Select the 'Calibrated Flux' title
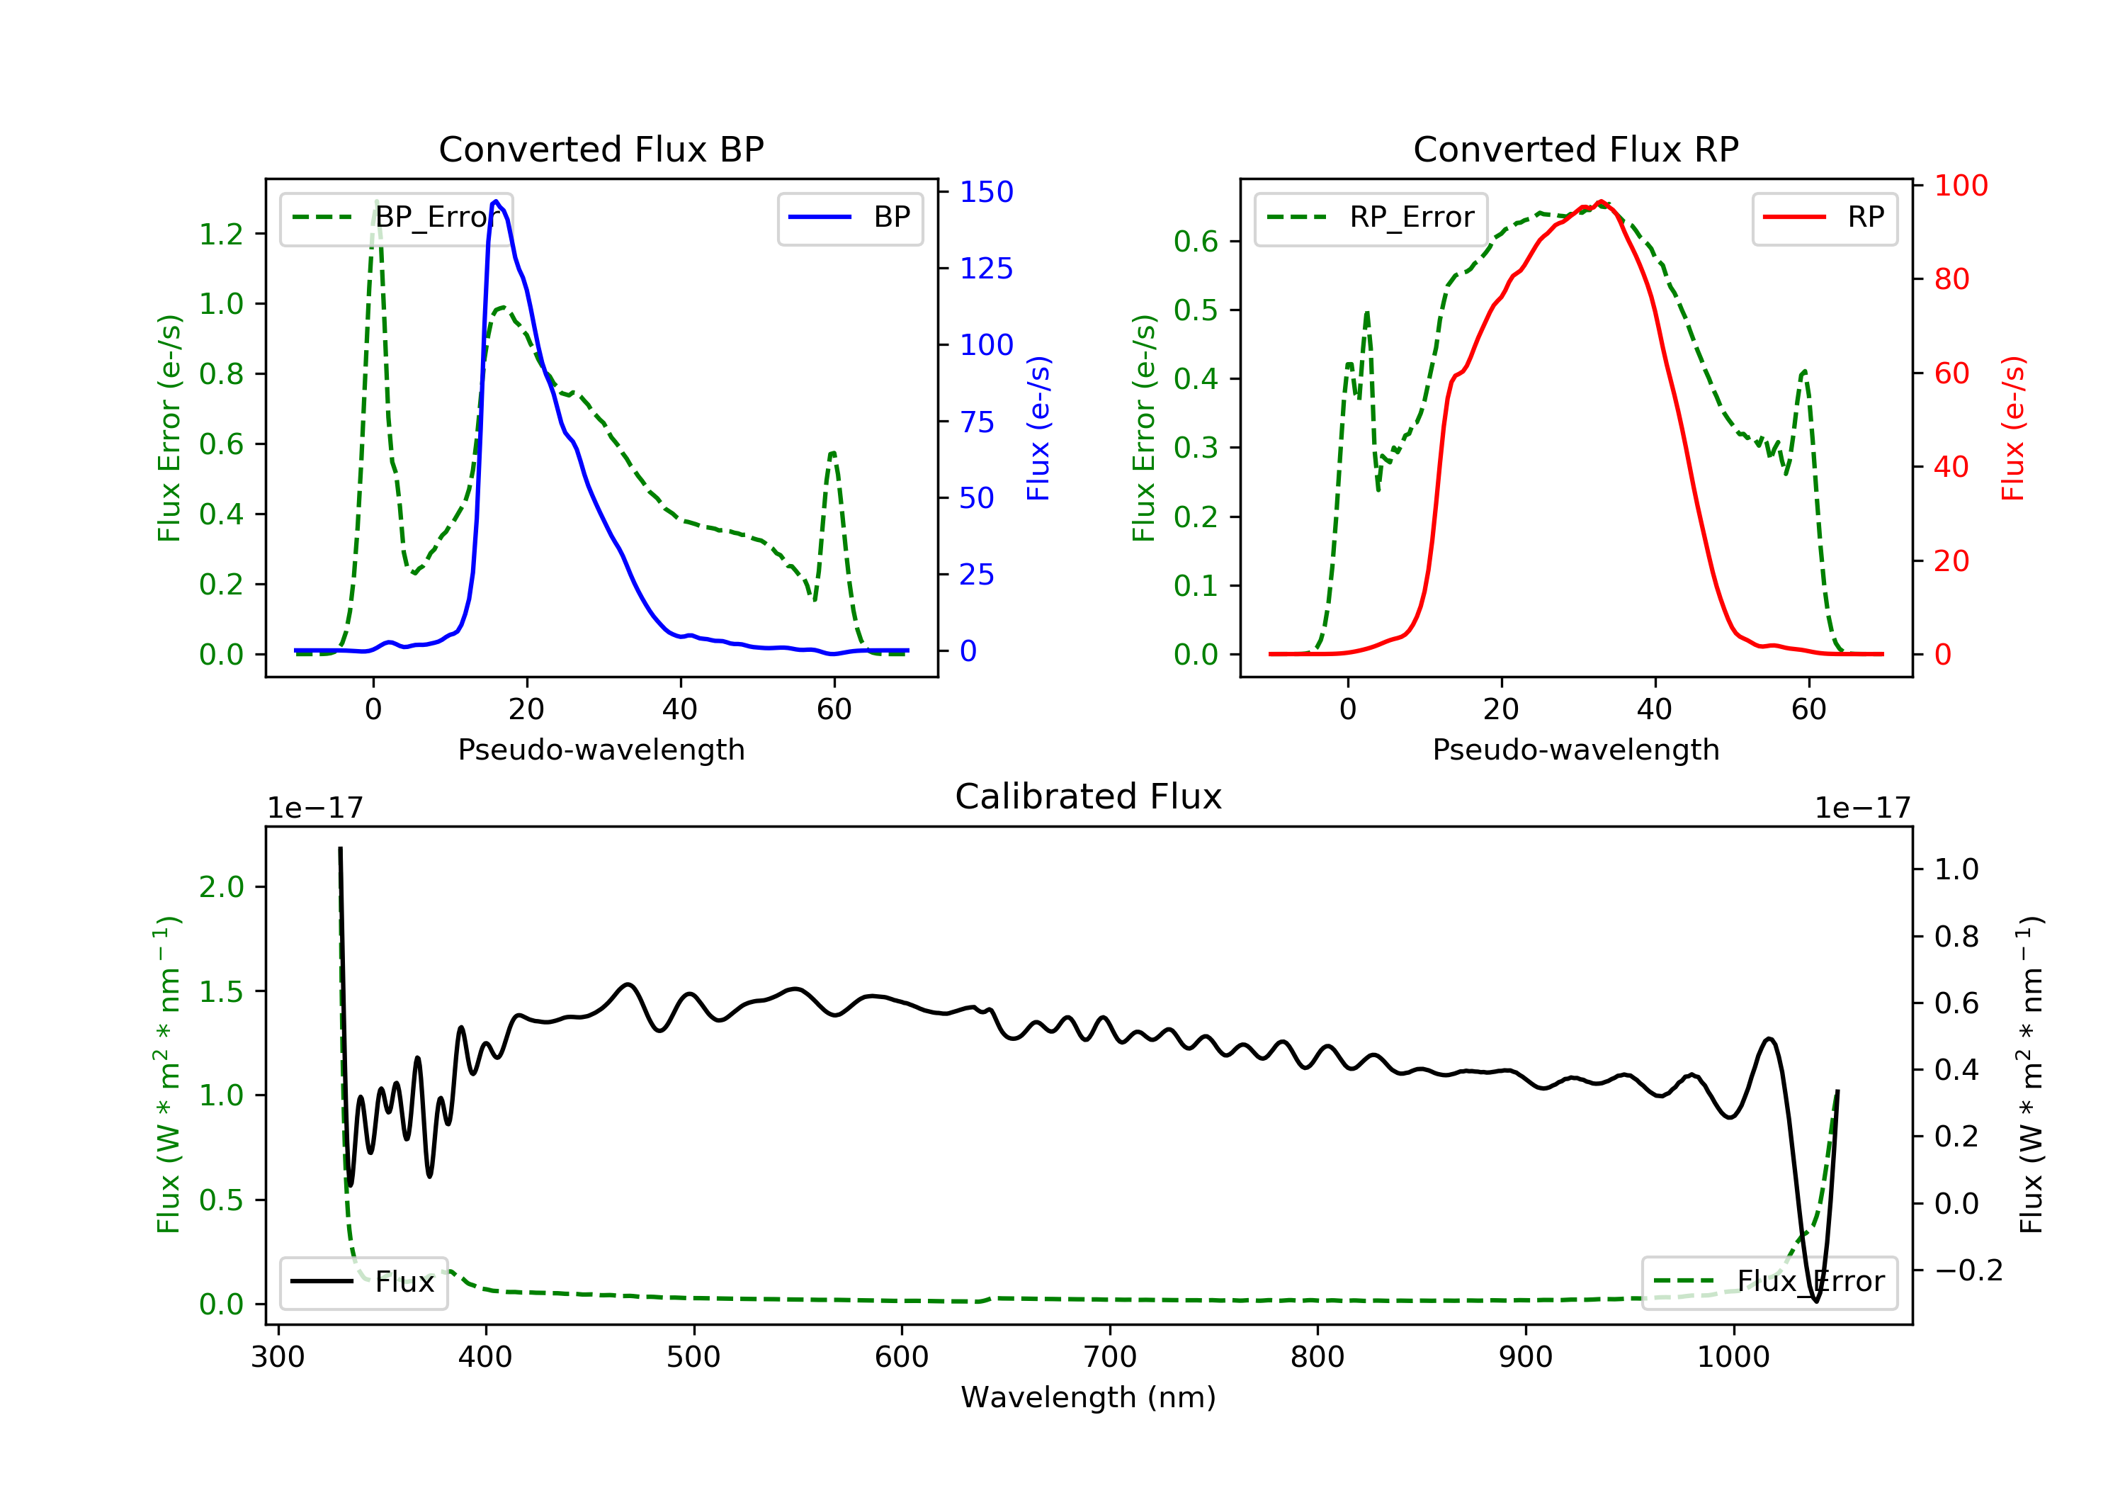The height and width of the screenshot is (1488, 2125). coord(1089,796)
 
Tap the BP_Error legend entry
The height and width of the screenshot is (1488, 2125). coord(396,218)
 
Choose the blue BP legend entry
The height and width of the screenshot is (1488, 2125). coord(849,218)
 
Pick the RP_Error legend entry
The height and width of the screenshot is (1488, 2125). coord(1371,218)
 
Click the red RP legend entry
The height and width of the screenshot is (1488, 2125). coord(1824,218)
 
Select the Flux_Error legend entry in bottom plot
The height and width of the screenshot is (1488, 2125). coord(1769,1282)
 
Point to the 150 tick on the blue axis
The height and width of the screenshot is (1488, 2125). coord(987,192)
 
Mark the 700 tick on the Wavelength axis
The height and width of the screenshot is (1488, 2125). coord(1110,1356)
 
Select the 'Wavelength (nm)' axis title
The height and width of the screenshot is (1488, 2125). coord(1089,1397)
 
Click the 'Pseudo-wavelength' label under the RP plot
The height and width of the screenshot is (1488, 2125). coord(1576,749)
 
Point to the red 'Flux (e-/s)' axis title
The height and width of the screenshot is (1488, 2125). coord(2014,429)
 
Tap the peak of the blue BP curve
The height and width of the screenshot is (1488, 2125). coord(496,201)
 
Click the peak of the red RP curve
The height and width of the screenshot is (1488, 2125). coord(1600,201)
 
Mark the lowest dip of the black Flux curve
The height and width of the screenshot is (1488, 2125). coord(1816,1301)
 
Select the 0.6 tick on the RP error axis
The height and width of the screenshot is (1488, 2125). coord(1196,241)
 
